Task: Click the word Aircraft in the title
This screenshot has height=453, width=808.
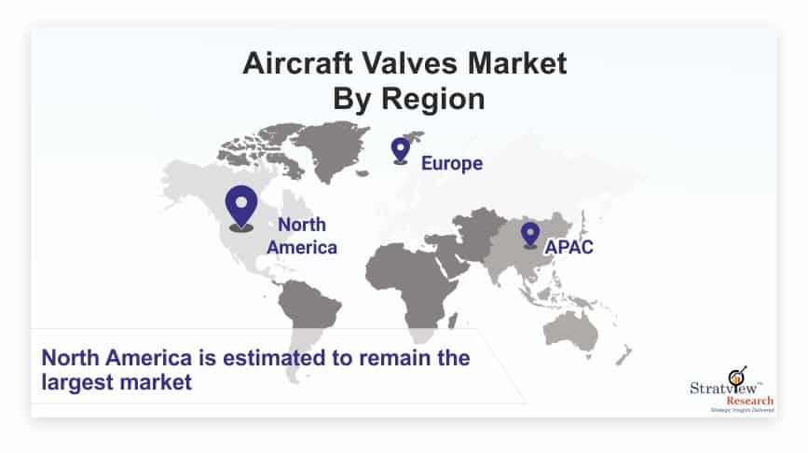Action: (298, 64)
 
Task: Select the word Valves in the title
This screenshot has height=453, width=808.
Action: (409, 64)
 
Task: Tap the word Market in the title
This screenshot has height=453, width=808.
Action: (517, 64)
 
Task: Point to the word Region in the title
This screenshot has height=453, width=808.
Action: (432, 99)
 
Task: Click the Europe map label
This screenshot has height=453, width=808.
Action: (452, 163)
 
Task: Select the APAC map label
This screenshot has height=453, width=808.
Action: (568, 247)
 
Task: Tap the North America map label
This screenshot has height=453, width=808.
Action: (302, 236)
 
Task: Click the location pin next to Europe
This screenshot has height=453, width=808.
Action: (401, 151)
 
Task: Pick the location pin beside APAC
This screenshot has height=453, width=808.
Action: (529, 236)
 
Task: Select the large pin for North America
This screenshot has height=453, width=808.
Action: (241, 208)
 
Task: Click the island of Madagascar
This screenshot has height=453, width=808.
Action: (452, 321)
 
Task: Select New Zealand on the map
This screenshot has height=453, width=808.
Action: (624, 356)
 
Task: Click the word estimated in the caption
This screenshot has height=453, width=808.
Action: (274, 358)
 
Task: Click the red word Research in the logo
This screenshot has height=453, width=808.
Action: (750, 401)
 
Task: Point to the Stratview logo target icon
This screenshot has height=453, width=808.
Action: (737, 377)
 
